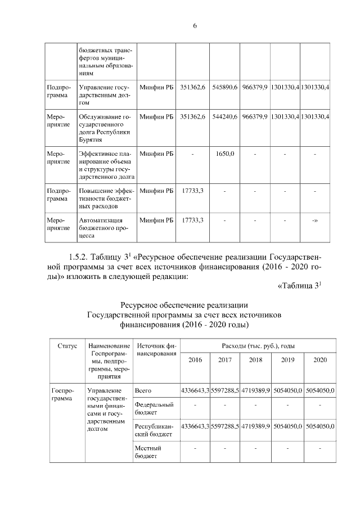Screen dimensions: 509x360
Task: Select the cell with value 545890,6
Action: click(x=224, y=88)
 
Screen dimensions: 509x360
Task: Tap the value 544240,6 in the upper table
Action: click(x=224, y=116)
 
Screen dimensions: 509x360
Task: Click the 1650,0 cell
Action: click(x=224, y=153)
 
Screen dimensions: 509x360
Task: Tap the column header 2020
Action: click(x=320, y=359)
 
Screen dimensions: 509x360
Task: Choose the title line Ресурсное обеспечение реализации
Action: click(x=180, y=305)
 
